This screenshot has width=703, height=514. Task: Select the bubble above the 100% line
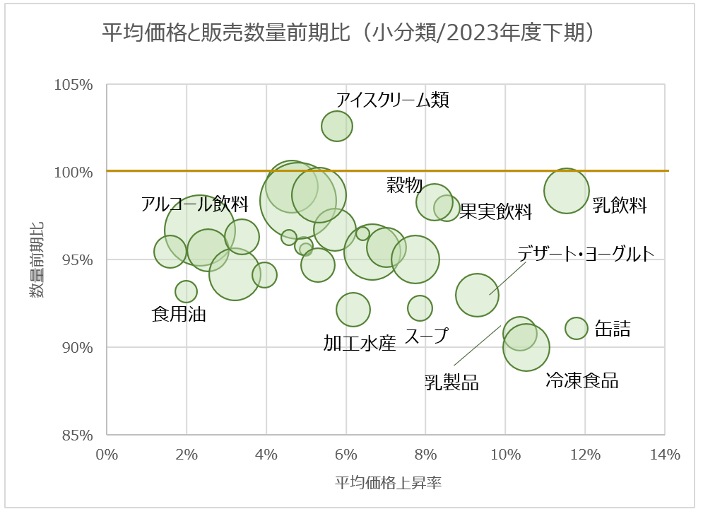(x=337, y=127)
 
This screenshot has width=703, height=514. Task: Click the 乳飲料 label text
(x=620, y=206)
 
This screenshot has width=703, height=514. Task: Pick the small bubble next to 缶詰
(x=577, y=328)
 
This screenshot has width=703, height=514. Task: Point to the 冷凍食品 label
(x=581, y=381)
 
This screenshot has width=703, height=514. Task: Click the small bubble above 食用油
(x=186, y=291)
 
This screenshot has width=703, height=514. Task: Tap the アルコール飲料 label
(x=194, y=205)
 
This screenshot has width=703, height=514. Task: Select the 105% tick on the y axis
(x=74, y=85)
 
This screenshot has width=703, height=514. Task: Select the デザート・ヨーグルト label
(x=586, y=255)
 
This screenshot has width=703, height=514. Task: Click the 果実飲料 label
(x=495, y=211)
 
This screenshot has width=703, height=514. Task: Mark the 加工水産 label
(x=360, y=344)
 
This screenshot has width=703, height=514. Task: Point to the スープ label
(x=426, y=337)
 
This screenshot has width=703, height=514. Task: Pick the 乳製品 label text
(x=451, y=382)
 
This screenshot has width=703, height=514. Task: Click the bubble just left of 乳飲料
(x=566, y=191)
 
